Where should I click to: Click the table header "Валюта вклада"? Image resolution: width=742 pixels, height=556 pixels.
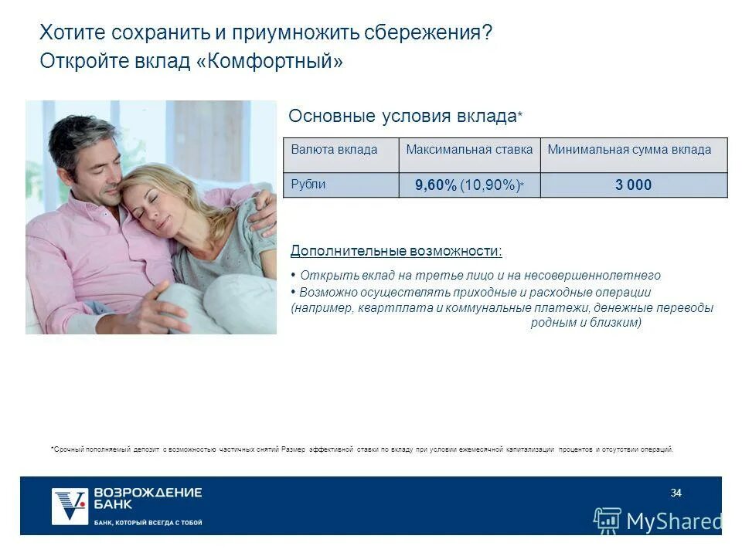[x=334, y=150]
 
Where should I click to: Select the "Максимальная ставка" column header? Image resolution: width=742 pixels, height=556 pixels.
[x=469, y=150]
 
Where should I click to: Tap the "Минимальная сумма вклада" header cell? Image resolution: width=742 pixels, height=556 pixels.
[x=629, y=150]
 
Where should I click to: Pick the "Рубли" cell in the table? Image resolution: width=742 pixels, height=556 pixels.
[x=308, y=185]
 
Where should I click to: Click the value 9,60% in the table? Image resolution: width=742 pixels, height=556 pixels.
[x=436, y=185]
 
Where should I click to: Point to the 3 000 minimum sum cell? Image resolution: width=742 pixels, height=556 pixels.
[x=633, y=185]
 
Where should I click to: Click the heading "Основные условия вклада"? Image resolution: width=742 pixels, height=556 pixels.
[x=402, y=117]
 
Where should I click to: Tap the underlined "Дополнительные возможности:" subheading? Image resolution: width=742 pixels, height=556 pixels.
[x=396, y=251]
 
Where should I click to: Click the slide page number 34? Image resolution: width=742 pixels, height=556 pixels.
[x=676, y=493]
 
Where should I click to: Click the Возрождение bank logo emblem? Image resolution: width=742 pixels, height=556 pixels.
[x=70, y=506]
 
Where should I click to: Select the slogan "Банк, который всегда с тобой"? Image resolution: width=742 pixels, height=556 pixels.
[x=148, y=523]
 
